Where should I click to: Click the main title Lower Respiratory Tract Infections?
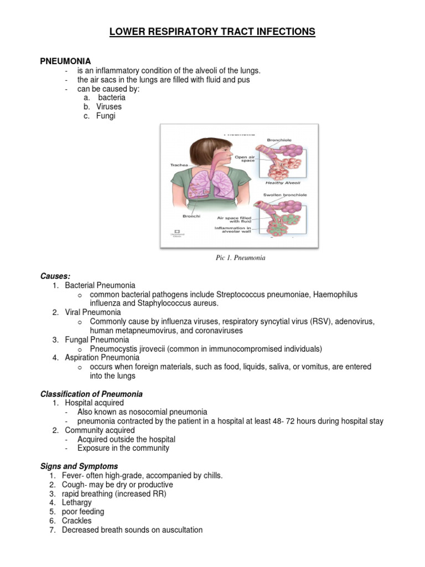[x=212, y=32]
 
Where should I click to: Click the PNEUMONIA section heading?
[x=65, y=61]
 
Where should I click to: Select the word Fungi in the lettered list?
[x=106, y=116]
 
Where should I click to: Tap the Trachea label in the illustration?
[x=173, y=164]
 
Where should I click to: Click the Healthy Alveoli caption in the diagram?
[x=278, y=183]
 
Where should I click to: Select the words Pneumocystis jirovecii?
[x=129, y=349]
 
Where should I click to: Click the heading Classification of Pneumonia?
[x=91, y=394]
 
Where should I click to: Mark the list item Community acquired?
[x=100, y=430]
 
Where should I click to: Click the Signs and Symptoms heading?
[x=79, y=466]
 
